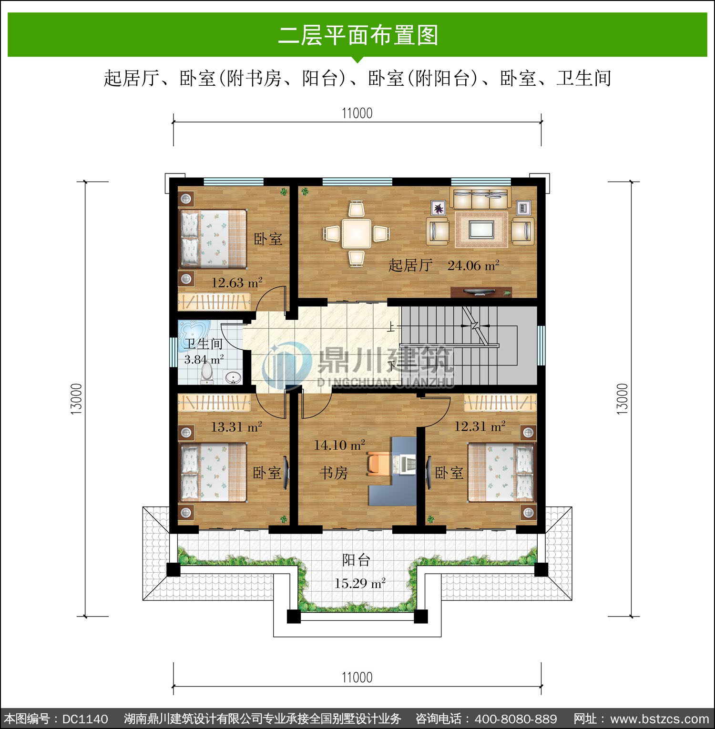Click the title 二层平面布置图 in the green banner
358,35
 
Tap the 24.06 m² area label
473,265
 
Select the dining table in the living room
356,233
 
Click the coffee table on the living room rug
480,230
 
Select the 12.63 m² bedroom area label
237,283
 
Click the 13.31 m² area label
236,426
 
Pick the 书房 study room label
333,473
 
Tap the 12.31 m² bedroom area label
480,426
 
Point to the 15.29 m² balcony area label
360,583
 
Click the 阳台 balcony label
357,560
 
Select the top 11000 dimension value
357,113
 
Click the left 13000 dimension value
76,399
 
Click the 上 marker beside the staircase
391,327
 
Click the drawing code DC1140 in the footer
85,719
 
